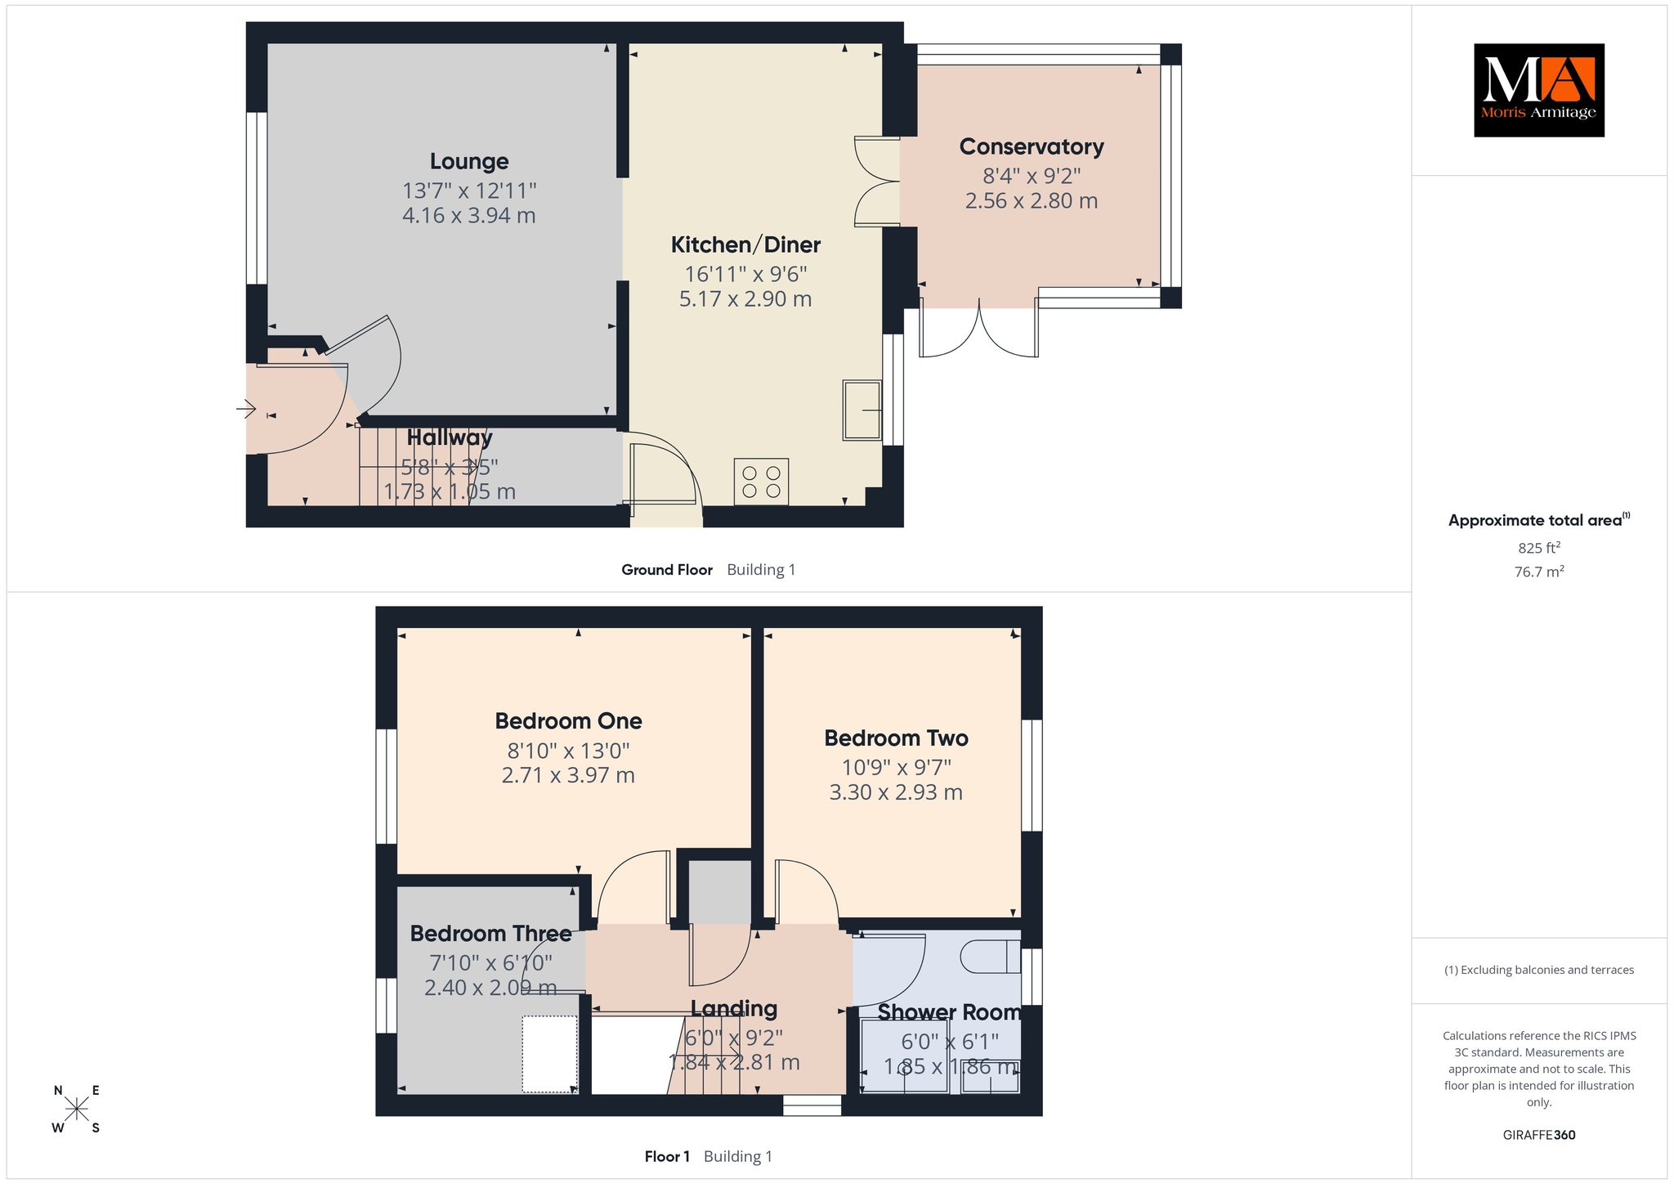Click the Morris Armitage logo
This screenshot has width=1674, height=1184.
[1538, 90]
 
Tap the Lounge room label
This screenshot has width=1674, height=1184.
[469, 162]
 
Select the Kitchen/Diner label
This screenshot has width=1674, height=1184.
[745, 244]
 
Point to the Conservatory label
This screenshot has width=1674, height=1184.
[1032, 146]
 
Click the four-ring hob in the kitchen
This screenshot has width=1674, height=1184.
[761, 482]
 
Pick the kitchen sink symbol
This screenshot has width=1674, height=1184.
[862, 409]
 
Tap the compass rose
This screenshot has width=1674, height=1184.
[77, 1109]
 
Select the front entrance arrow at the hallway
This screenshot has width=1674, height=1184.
[246, 408]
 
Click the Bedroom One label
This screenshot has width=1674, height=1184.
[568, 721]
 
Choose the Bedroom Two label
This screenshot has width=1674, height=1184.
[896, 738]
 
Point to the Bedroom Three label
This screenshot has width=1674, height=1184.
[490, 934]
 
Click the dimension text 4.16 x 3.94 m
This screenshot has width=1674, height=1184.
[469, 216]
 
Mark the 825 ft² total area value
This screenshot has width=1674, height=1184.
[1539, 548]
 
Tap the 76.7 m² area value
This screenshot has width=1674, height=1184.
[1539, 572]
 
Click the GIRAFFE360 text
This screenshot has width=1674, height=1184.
[1539, 1135]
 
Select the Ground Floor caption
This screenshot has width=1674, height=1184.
[667, 570]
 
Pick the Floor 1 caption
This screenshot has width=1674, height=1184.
[667, 1156]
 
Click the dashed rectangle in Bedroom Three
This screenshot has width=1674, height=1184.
[550, 1054]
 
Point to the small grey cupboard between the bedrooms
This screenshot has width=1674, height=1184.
[719, 891]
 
